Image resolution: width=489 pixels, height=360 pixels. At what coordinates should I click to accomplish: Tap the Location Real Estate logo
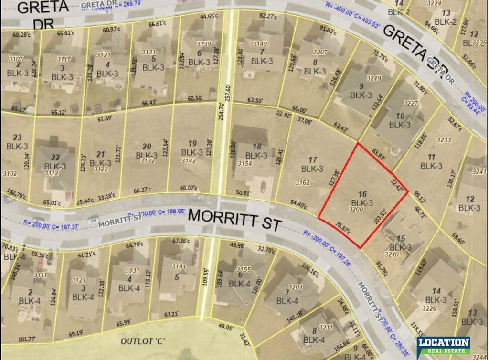pos(443,345)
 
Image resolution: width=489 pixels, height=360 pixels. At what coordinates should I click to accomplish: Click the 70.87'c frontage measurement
pos(342,226)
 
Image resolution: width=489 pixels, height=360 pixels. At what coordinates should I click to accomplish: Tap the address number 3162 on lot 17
pos(303,182)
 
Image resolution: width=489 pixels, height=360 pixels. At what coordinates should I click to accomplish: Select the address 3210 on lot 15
pos(392,255)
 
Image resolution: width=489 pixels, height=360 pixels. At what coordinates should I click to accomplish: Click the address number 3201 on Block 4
pos(296,287)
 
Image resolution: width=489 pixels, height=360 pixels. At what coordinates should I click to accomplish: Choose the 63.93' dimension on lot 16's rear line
pos(375,155)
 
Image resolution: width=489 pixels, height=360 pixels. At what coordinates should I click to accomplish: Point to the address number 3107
pos(17,60)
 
